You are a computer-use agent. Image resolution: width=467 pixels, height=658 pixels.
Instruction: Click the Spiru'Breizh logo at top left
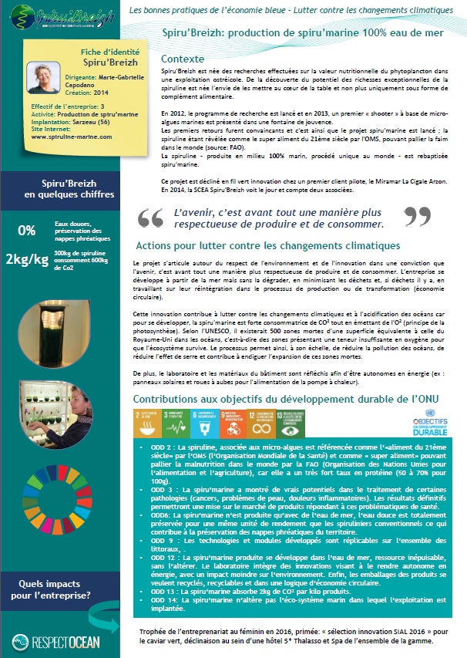[59, 13]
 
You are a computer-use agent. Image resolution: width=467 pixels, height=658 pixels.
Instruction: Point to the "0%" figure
[27, 229]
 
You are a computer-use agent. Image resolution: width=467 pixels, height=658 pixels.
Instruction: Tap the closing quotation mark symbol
[417, 218]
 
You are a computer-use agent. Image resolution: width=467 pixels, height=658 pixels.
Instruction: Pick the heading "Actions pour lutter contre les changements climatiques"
[267, 245]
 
